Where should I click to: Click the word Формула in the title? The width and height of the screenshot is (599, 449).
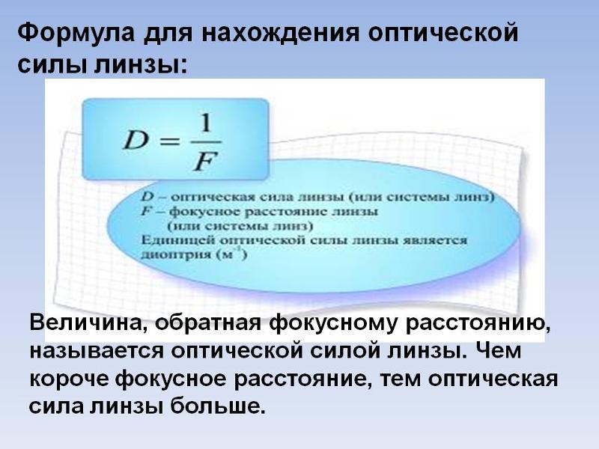click(x=76, y=32)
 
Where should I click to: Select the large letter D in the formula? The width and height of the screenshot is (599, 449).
click(x=136, y=141)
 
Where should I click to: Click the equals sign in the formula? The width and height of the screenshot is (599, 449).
click(x=169, y=141)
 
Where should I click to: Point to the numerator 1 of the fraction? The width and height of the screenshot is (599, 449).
click(x=206, y=123)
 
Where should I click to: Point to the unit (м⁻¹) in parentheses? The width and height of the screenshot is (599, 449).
click(x=231, y=254)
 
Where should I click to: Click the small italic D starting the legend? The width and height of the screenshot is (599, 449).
click(x=148, y=197)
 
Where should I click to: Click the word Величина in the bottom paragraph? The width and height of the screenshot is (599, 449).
click(x=87, y=324)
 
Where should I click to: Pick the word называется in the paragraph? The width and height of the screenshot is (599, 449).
click(x=97, y=351)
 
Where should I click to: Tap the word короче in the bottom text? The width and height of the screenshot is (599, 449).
click(x=69, y=379)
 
